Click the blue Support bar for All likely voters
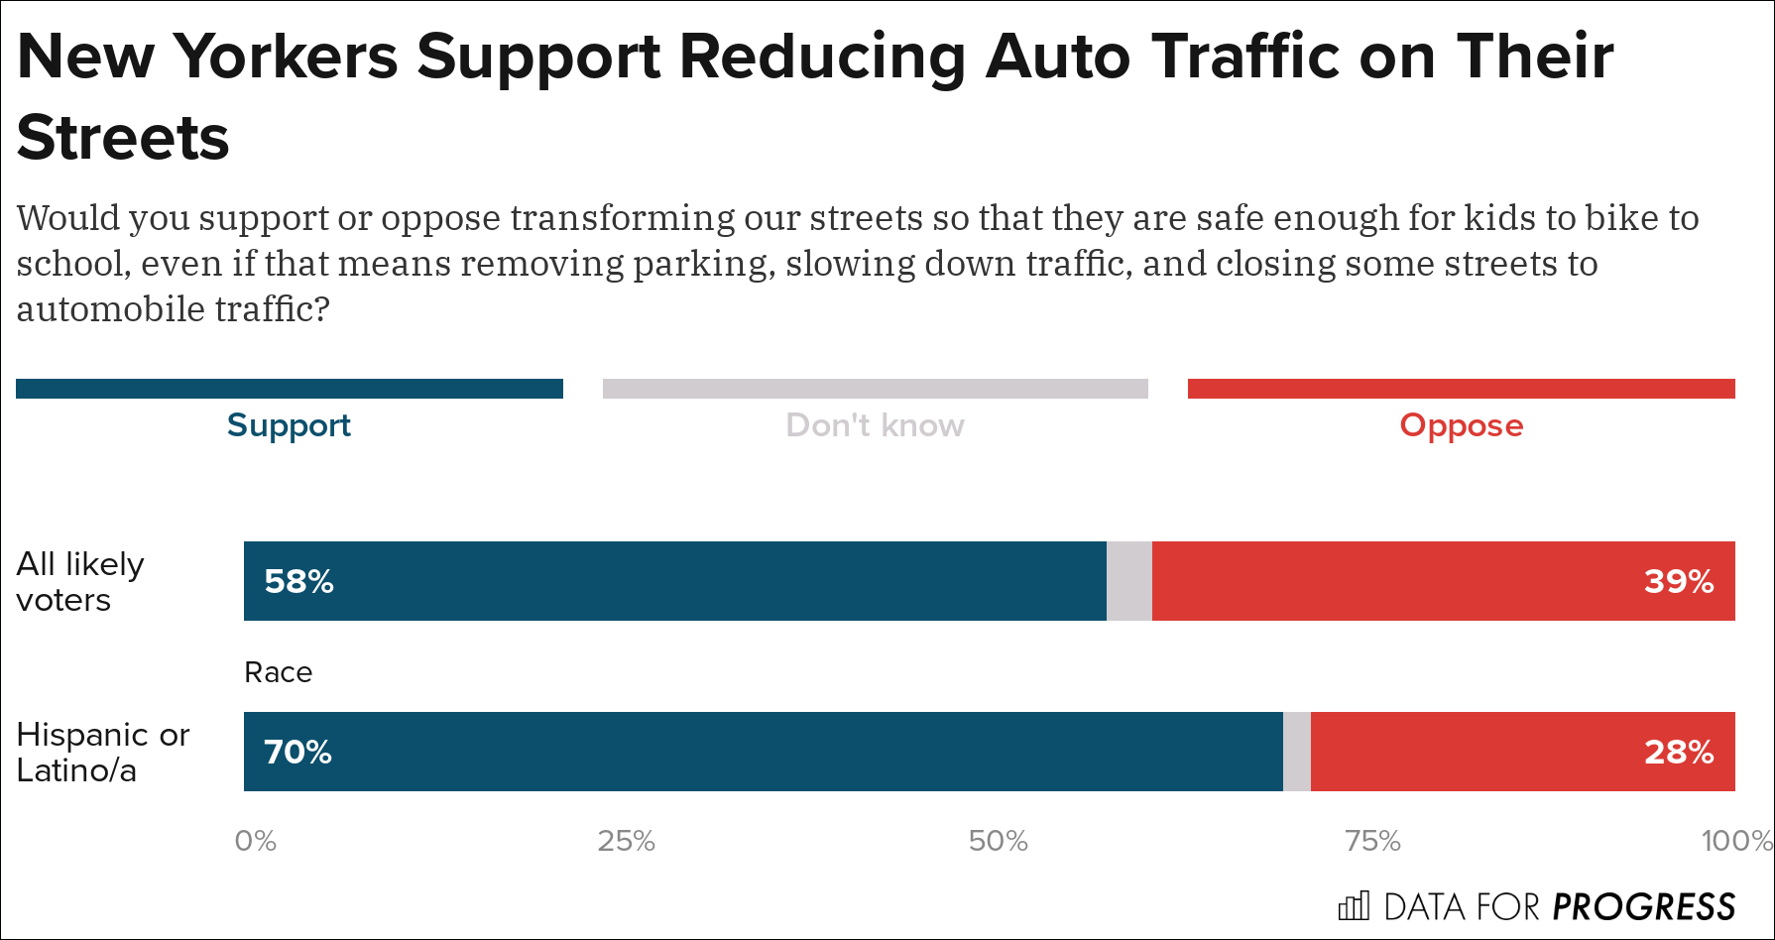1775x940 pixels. coord(674,581)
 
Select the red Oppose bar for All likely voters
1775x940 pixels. coord(1443,581)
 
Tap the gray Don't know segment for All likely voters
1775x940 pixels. coord(1128,581)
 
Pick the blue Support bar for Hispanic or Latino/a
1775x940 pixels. coord(763,752)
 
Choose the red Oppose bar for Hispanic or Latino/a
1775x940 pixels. coord(1522,752)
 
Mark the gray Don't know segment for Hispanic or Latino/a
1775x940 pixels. coord(1296,752)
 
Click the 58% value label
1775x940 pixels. coord(298,581)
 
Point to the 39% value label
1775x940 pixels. coord(1678,581)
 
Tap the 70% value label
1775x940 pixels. coord(297,752)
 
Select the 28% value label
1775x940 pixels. coord(1678,752)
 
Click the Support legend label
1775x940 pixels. coord(289,425)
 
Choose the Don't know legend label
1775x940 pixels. coord(875,425)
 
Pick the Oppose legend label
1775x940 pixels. coord(1461,425)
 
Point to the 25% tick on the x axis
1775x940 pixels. coord(626,841)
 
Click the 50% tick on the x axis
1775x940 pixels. coord(998,841)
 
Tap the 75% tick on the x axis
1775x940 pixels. coord(1372,841)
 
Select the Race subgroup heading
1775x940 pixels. coord(278,672)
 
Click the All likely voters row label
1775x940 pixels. coord(80,581)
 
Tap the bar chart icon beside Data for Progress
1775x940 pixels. coord(1354,906)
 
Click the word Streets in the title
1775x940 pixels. coord(123,137)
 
